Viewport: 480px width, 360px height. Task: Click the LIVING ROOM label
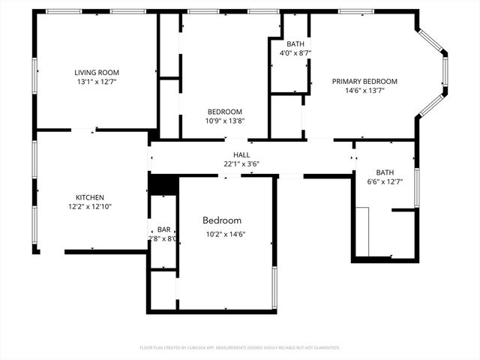point(97,73)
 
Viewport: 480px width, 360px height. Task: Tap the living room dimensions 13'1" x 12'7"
point(97,82)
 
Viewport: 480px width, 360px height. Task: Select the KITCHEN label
point(89,198)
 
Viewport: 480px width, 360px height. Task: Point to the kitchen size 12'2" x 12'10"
point(89,207)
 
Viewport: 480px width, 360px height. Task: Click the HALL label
point(241,154)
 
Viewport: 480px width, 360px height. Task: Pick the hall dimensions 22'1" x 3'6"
point(241,163)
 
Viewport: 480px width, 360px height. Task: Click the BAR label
point(163,229)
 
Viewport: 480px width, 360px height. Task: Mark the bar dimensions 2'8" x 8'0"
point(163,238)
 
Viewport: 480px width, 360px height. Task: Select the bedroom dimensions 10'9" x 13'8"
point(225,121)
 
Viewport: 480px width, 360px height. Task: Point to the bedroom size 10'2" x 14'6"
point(226,234)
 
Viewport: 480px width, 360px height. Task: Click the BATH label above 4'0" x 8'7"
point(295,43)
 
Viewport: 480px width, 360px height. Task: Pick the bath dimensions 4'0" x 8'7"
point(295,52)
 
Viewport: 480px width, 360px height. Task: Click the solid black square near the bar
point(163,184)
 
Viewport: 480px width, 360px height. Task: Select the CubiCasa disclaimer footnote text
point(240,348)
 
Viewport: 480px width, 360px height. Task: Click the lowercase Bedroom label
point(222,220)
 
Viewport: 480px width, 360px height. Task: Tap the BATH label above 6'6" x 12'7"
point(385,172)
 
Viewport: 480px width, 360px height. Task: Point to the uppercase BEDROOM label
point(225,112)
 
